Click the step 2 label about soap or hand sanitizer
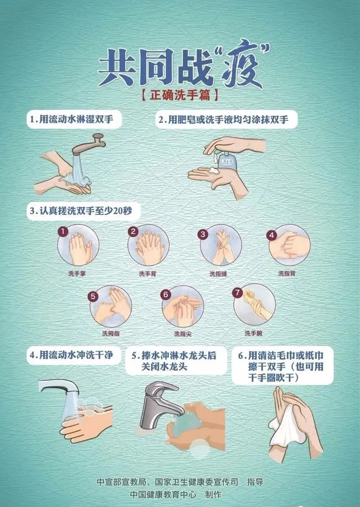(x=227, y=119)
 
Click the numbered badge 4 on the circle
(x=272, y=234)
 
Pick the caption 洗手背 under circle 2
(x=148, y=273)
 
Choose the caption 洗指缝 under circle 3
(x=218, y=273)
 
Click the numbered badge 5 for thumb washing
(x=94, y=296)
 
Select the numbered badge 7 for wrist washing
(x=238, y=292)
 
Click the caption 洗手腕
(x=254, y=333)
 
